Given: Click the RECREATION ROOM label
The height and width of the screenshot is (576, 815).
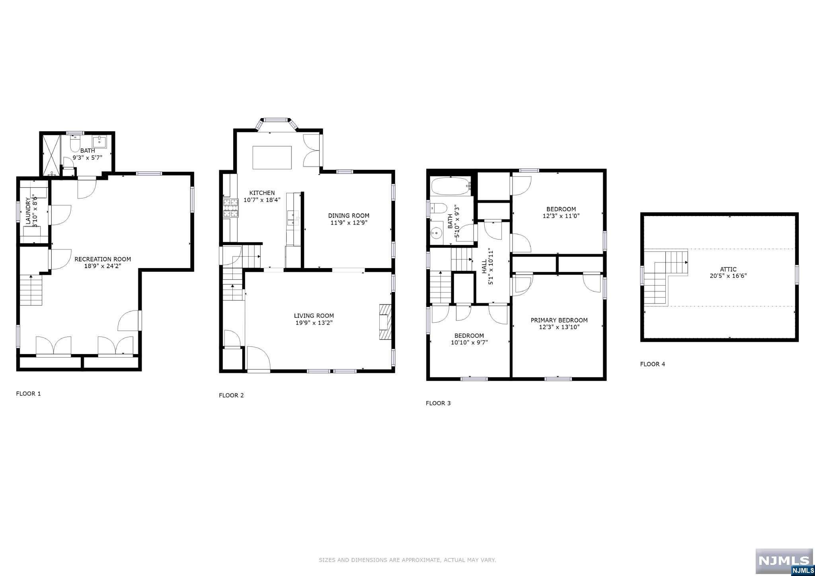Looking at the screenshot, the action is pos(103,259).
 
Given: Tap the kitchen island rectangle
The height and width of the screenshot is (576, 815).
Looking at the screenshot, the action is pos(272,158).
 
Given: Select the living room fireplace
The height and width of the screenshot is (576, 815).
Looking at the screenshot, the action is pos(385,322).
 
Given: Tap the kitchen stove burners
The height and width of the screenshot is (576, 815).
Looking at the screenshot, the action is pos(230,208).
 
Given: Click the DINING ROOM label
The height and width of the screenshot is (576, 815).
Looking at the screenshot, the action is pos(349,216).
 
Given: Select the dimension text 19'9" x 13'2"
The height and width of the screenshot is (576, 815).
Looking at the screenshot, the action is pos(314,323).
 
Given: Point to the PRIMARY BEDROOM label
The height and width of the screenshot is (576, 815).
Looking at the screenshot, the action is pos(559,320).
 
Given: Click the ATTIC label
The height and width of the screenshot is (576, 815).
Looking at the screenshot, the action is pos(728,269).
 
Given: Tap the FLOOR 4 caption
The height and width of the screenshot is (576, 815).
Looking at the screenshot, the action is pos(653,364).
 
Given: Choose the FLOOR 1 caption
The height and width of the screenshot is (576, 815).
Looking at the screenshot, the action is pos(28,394).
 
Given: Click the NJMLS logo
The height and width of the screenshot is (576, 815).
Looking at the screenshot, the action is pos(784,562).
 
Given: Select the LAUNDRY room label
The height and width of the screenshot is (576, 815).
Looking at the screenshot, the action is pos(28,212).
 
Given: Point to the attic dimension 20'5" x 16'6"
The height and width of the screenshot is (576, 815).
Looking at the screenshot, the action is pos(728,276).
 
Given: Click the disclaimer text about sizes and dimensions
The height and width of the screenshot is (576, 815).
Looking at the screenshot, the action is pos(407,560).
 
